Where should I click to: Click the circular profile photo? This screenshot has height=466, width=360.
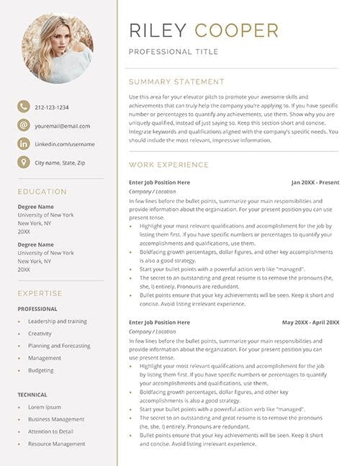point(57,48)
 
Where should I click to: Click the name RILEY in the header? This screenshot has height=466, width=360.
point(158,30)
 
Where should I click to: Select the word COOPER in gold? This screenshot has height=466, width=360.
point(236,30)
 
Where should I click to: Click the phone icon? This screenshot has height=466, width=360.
point(24,107)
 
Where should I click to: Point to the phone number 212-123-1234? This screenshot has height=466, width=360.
point(52,107)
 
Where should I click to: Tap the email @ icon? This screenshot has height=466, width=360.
point(24,125)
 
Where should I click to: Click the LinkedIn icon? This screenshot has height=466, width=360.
point(24,144)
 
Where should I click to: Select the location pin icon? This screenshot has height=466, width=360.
point(24,162)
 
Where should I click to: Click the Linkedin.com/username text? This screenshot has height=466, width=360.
point(65,144)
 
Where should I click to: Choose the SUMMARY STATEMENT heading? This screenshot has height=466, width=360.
point(176,82)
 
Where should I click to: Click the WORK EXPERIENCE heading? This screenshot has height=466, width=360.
point(169,165)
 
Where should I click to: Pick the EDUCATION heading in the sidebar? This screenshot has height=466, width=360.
point(42,192)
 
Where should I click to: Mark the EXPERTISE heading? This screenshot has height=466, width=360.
point(40,293)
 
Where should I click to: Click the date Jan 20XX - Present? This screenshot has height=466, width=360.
point(315,183)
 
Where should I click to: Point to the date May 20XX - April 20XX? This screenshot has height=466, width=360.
point(310,322)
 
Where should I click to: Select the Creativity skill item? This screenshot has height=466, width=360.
point(40,333)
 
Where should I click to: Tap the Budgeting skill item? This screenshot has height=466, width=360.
point(40,370)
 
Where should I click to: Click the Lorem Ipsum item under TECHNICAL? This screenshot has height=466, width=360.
point(45,407)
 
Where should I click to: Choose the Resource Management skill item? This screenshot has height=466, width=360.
point(56,444)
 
